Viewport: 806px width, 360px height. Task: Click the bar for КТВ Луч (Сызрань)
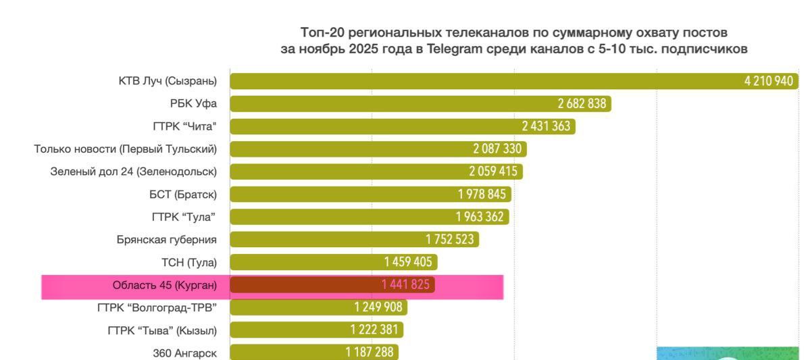473,81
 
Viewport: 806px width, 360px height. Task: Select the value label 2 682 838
582,104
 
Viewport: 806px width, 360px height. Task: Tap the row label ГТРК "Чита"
184,126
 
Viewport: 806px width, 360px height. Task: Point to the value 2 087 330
498,149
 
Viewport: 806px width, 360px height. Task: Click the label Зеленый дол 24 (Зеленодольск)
133,172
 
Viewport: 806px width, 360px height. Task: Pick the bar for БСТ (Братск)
338,195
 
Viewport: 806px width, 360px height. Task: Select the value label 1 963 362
481,217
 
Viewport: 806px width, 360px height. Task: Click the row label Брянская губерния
166,240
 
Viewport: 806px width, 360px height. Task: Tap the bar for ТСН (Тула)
304,262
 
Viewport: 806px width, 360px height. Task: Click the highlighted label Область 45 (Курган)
164,285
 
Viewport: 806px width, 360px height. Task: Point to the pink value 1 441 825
405,285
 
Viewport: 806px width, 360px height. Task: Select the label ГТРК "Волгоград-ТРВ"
157,308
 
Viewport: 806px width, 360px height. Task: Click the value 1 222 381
375,330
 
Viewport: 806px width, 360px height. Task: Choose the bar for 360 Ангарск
284,353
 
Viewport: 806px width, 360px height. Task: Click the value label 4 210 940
768,81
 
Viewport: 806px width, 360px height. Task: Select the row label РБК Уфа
193,104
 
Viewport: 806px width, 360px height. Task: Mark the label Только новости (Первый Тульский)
126,149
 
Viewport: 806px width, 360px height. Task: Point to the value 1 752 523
450,240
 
